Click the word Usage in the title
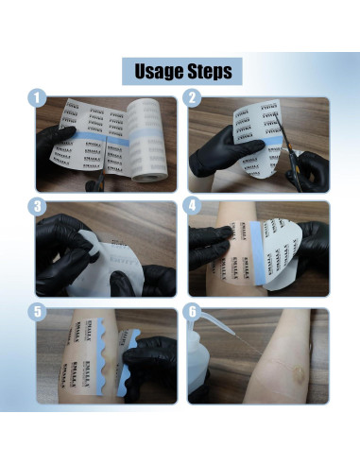(x=154, y=72)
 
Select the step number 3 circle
(x=37, y=205)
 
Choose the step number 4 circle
(x=192, y=205)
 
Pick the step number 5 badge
(x=37, y=312)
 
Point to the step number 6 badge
(x=192, y=312)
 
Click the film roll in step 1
(x=150, y=142)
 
